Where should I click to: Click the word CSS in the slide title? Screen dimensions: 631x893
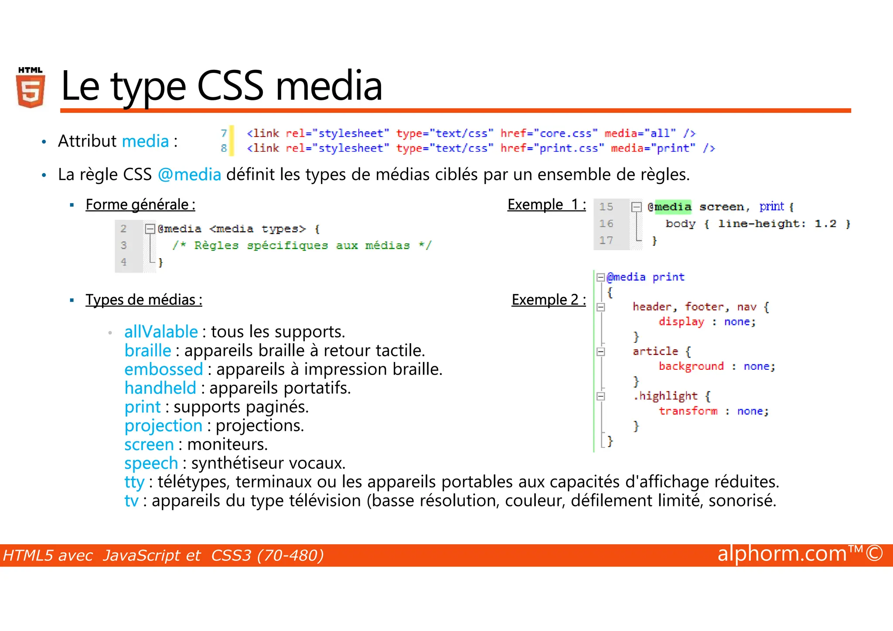pos(230,86)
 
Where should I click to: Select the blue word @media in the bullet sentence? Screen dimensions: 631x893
pos(189,174)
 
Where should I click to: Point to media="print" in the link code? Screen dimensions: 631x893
pos(653,148)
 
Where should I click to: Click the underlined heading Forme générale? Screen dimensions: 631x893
pos(140,205)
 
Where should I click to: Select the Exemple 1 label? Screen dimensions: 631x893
pos(546,205)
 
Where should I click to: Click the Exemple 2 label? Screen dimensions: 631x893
pos(549,300)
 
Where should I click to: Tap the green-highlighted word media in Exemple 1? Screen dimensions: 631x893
pos(673,207)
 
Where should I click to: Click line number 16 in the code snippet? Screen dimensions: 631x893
pos(606,224)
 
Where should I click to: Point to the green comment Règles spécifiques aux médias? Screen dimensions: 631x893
pos(302,246)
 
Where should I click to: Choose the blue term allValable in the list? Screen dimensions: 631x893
pos(161,332)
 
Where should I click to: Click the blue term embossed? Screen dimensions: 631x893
pos(164,369)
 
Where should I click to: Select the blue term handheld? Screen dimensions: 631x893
pos(160,388)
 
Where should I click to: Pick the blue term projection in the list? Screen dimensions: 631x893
pos(163,426)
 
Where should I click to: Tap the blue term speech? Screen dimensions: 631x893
pos(151,463)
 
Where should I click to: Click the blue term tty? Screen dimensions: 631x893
pos(134,482)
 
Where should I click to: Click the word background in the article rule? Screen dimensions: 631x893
pos(691,366)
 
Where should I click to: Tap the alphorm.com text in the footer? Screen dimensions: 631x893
pos(781,554)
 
